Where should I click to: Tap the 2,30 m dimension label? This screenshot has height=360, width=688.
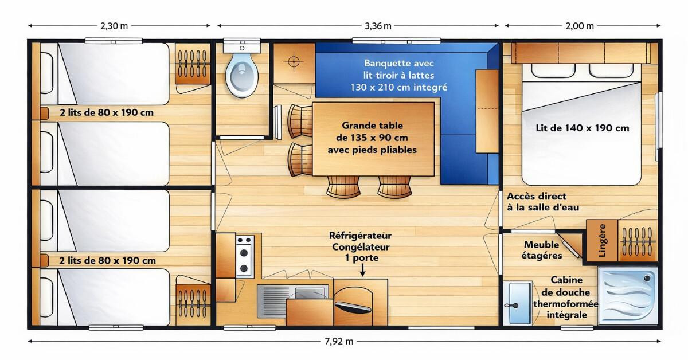coord(114,26)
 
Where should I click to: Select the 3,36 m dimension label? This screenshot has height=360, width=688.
coord(378,26)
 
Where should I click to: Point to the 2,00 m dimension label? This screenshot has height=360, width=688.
coord(580,26)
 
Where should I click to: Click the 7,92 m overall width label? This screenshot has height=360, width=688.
coord(339,341)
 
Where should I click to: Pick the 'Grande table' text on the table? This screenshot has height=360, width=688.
coord(372,126)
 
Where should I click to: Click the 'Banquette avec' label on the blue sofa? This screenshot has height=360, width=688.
coord(399,63)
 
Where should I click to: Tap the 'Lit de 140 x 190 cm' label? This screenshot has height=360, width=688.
coord(583,128)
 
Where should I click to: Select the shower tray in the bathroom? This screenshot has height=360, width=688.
coord(628,295)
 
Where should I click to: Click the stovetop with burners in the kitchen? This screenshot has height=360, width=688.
coord(245,256)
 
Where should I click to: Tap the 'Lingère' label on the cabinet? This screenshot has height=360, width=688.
coord(603,241)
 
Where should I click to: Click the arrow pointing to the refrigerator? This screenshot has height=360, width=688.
coord(362,269)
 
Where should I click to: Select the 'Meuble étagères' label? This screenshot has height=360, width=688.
coord(541,250)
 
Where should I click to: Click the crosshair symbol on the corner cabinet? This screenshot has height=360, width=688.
coord(294,62)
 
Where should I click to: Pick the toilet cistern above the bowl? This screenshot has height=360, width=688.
coord(242,46)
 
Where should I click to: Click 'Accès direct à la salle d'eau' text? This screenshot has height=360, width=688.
coord(543,202)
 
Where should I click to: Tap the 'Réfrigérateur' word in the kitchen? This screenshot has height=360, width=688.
coord(360,236)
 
